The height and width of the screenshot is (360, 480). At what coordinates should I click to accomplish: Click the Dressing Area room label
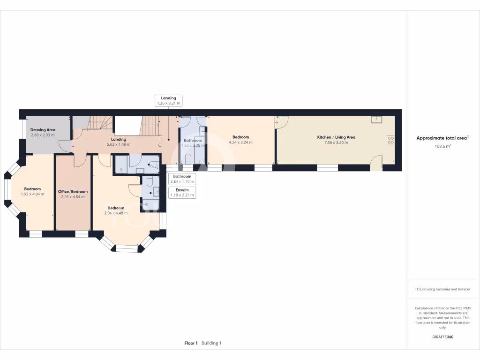coord(43,129)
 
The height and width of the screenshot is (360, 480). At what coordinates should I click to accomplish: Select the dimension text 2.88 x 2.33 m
coord(43,135)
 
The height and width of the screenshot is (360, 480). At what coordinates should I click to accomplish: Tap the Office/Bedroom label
coord(73,192)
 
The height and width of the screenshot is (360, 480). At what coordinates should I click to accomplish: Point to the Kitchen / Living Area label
coord(336,137)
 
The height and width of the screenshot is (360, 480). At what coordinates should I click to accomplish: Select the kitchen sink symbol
coord(376,119)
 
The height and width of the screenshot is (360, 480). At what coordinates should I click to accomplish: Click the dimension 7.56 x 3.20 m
coord(336,142)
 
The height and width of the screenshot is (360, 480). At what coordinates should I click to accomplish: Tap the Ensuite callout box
coord(182,192)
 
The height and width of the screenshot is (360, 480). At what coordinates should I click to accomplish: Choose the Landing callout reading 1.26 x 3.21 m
coord(168,100)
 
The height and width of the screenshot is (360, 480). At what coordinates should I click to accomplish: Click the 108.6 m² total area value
coord(442,146)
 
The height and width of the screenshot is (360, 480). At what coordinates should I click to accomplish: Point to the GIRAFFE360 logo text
coord(442,337)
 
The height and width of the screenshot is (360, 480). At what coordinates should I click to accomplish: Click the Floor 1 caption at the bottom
coord(191,343)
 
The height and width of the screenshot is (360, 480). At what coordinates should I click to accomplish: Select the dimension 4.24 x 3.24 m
coord(240,142)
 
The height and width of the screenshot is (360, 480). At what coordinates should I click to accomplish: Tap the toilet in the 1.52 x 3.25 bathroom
coord(188,160)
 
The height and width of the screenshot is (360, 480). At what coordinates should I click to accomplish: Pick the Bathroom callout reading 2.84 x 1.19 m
coord(182,179)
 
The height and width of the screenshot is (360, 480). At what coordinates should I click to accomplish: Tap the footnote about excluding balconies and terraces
coord(442,289)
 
